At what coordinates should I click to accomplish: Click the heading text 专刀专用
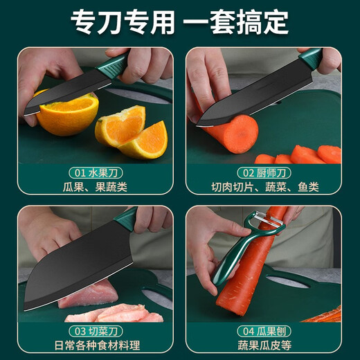tap(122, 23)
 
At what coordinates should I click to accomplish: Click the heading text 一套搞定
tap(235, 23)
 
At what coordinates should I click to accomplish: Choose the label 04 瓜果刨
tap(264, 332)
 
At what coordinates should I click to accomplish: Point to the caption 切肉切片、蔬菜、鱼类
tap(264, 187)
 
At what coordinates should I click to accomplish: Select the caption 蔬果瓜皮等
tap(264, 347)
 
